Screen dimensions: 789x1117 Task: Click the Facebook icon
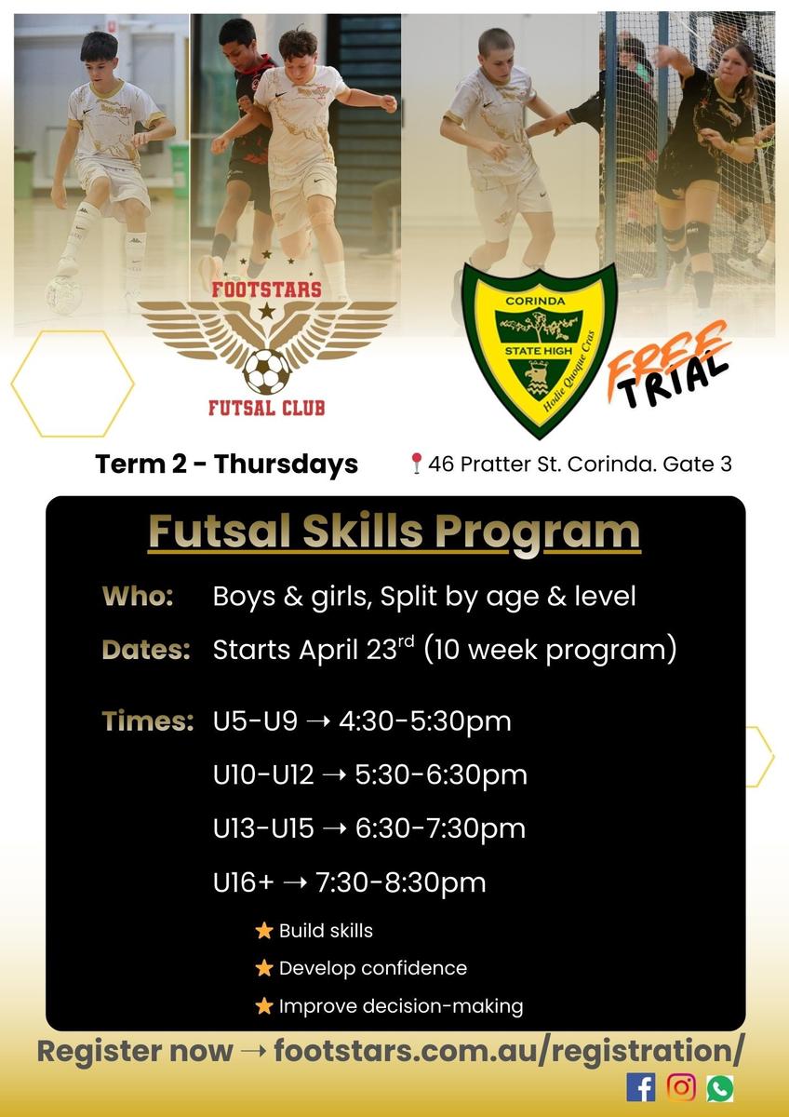640,1087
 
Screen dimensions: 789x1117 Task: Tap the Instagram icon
681,1087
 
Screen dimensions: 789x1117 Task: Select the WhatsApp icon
720,1087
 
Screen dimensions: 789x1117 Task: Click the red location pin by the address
416,464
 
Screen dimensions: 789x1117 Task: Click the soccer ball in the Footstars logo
267,371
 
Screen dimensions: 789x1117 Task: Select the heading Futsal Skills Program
394,532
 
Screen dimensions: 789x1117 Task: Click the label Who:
138,597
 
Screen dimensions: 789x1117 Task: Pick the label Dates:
146,650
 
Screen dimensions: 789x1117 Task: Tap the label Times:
148,721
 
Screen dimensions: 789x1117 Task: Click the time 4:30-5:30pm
425,721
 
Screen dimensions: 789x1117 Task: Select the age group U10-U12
263,774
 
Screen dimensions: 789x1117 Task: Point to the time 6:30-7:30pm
440,828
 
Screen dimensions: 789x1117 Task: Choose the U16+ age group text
243,882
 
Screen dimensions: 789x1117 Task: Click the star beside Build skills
263,931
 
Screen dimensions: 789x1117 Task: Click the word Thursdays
286,464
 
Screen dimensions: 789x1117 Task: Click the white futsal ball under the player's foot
64,295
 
